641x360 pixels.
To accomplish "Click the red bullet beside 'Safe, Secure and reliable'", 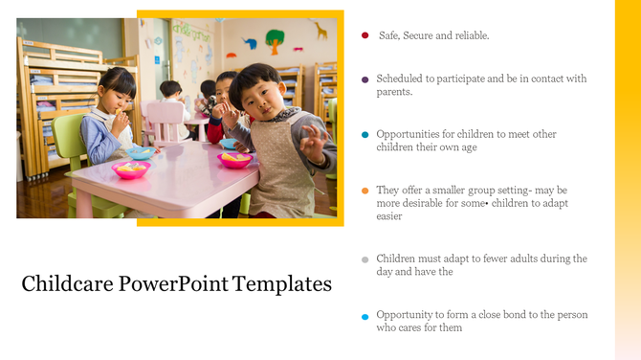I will pos(365,35).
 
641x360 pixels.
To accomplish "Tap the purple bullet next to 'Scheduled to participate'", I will pos(365,79).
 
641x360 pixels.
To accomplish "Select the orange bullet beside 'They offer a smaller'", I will pos(365,191).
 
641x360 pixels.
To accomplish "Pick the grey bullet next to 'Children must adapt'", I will pos(365,259).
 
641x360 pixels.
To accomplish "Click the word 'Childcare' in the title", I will pos(63,284).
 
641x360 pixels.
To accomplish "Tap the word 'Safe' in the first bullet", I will pos(388,35).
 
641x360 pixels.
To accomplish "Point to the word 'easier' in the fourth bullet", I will pos(389,216).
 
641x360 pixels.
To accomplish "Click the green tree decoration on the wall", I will pos(275,40).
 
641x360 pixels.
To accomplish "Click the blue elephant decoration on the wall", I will pos(249,43).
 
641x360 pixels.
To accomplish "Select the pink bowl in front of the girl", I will pos(130,169).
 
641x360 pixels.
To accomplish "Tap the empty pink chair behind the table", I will pos(165,120).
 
